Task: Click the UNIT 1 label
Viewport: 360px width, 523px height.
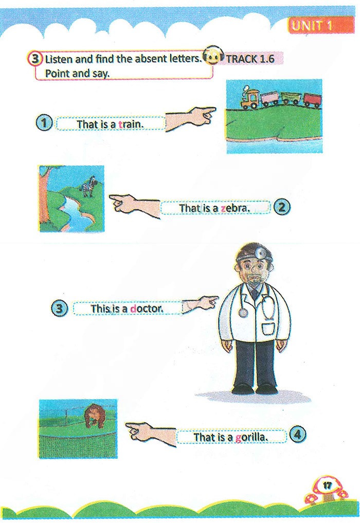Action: click(x=312, y=26)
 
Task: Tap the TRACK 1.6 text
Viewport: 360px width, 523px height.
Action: click(x=250, y=59)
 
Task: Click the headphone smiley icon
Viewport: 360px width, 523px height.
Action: click(x=212, y=56)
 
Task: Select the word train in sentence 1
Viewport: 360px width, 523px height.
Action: click(x=131, y=124)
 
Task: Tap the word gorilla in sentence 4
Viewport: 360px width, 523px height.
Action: click(x=251, y=437)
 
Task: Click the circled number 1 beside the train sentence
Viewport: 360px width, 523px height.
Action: click(x=44, y=123)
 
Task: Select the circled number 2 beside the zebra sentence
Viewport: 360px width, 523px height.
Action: click(x=282, y=207)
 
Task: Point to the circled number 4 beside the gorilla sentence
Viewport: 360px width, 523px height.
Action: click(x=298, y=434)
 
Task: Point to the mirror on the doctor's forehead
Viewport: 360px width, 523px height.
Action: click(x=260, y=254)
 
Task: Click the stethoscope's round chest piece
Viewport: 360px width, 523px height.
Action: click(x=244, y=312)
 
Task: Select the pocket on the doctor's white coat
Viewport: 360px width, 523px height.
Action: click(x=268, y=329)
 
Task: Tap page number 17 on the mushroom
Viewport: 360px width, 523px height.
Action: click(x=328, y=485)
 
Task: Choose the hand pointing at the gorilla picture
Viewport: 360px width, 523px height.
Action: click(x=151, y=434)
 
